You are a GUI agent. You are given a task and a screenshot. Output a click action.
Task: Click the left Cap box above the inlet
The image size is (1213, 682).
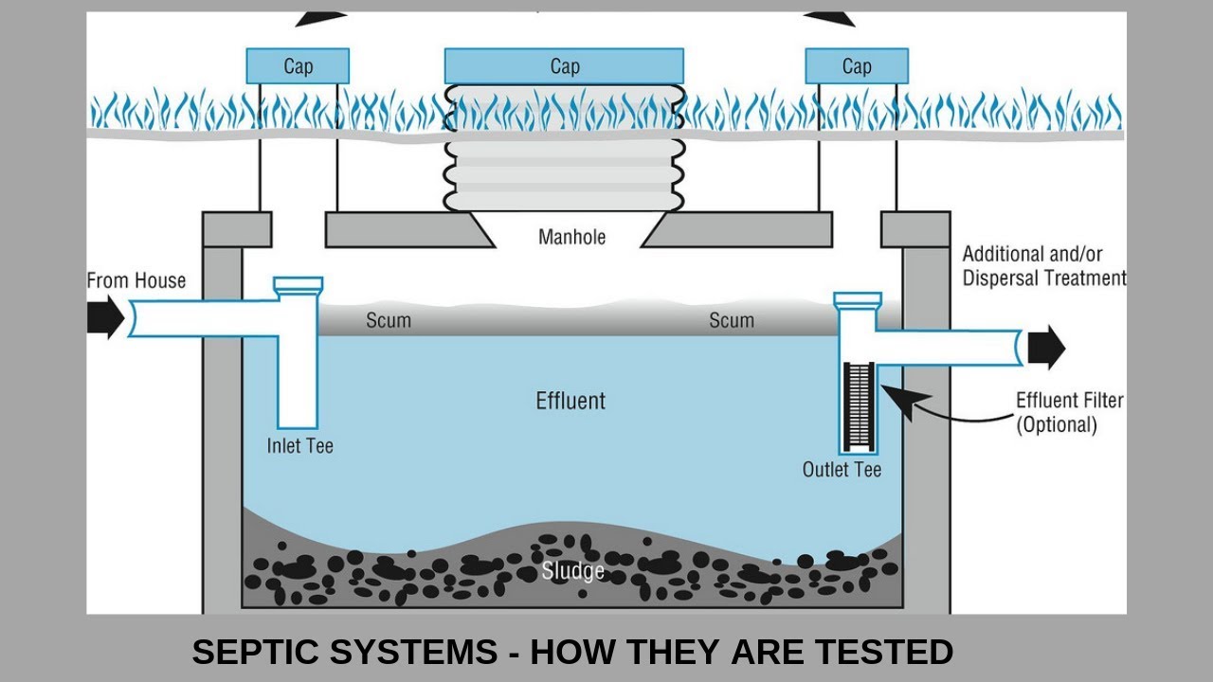pos(298,66)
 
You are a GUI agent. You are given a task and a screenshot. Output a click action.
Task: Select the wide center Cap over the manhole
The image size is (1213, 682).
pos(564,66)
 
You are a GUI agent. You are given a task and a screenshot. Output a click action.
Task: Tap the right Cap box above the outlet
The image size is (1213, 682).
pos(857,66)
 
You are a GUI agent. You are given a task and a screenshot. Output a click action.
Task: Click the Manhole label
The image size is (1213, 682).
pos(571,236)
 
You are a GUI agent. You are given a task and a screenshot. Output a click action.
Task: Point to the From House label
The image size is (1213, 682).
pos(136,280)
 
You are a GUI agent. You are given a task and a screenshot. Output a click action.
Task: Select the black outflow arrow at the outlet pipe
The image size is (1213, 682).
pos(1046,348)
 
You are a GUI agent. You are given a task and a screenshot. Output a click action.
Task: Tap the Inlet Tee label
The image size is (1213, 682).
pos(300,445)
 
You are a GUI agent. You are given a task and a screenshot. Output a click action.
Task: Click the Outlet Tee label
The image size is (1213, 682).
pos(842,469)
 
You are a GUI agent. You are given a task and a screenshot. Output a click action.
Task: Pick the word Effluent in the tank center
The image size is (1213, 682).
pos(570,401)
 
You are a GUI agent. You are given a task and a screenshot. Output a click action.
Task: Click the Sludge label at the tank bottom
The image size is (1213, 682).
pos(573,571)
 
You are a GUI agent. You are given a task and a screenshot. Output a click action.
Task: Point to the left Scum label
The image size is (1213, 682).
pos(389,320)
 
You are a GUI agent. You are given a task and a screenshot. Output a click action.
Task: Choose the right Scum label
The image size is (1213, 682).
pos(732,320)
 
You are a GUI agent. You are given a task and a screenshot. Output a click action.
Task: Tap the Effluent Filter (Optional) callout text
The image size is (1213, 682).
pos(1069,412)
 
